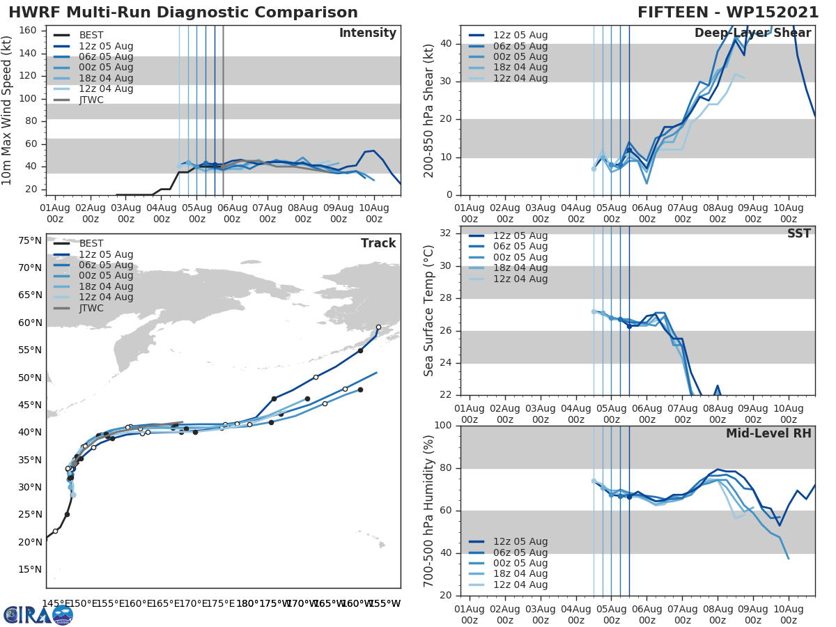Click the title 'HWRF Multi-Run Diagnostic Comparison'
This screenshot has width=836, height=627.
[x=183, y=13]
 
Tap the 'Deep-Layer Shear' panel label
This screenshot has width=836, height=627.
[x=752, y=33]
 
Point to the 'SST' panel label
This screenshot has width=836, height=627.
[x=798, y=233]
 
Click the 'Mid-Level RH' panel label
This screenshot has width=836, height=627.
[x=768, y=433]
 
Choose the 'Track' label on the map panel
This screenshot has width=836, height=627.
[x=378, y=243]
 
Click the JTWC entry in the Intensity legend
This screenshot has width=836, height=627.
[x=91, y=100]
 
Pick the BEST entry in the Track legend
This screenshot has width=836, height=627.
[x=91, y=243]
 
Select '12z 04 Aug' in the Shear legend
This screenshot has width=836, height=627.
[x=520, y=78]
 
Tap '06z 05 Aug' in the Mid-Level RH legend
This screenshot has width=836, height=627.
[x=520, y=552]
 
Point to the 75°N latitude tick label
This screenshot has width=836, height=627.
[x=29, y=240]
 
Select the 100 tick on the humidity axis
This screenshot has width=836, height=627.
[x=444, y=425]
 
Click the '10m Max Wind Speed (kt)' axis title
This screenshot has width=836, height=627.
[x=8, y=110]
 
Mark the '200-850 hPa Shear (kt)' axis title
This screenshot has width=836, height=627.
[x=429, y=110]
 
